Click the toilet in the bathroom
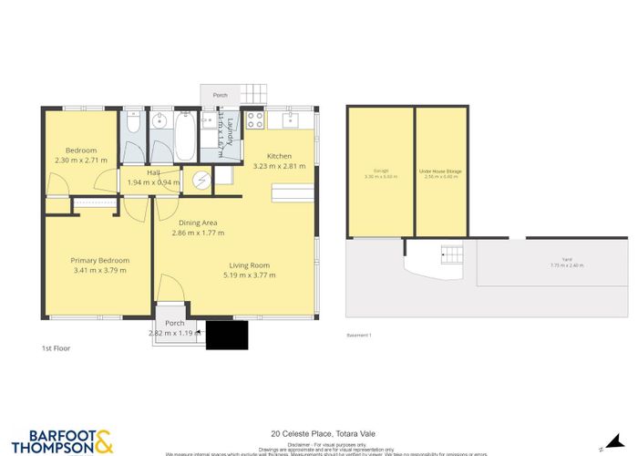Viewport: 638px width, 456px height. (133, 124)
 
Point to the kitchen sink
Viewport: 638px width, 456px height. (293, 119)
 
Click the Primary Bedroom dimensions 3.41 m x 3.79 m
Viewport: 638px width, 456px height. (99, 270)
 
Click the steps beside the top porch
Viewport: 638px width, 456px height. (253, 95)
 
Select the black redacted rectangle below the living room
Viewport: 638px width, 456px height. (227, 335)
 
